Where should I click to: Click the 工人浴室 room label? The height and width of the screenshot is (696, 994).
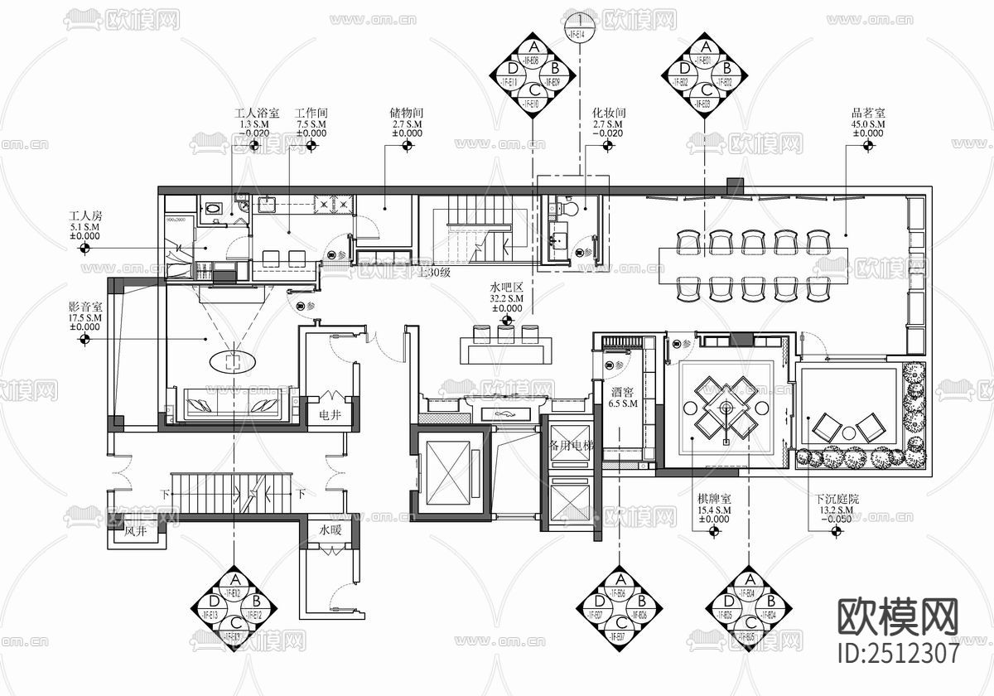pyautogui.click(x=256, y=113)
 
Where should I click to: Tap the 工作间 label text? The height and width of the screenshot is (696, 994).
pyautogui.click(x=312, y=113)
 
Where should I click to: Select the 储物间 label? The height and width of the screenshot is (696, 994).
pyautogui.click(x=407, y=113)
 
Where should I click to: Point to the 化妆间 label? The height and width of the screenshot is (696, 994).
pyautogui.click(x=608, y=113)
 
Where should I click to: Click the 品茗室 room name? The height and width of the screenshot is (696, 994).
pyautogui.click(x=868, y=113)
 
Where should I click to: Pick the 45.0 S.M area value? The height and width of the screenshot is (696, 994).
pyautogui.click(x=868, y=123)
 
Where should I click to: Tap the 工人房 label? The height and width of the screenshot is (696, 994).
pyautogui.click(x=85, y=215)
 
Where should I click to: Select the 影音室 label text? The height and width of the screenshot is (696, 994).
pyautogui.click(x=85, y=307)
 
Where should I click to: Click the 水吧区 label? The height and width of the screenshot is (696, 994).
pyautogui.click(x=506, y=288)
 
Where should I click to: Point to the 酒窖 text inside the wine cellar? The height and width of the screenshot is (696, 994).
pyautogui.click(x=621, y=394)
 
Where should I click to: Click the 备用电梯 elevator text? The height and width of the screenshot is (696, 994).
pyautogui.click(x=572, y=444)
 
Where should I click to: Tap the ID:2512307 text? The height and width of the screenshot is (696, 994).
pyautogui.click(x=899, y=653)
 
